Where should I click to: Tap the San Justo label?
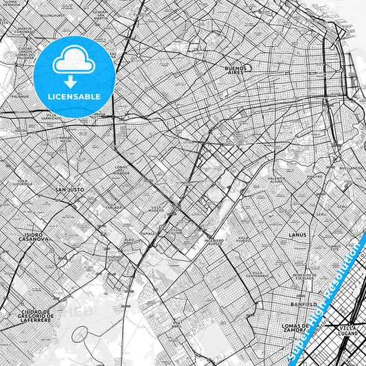pos(69,189)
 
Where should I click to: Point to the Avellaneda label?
pos(353,168)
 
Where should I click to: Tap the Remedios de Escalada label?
pos(304,276)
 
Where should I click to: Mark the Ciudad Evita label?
pos(115,258)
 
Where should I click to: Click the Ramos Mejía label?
pos(65,139)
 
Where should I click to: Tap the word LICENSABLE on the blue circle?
pos(74,97)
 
